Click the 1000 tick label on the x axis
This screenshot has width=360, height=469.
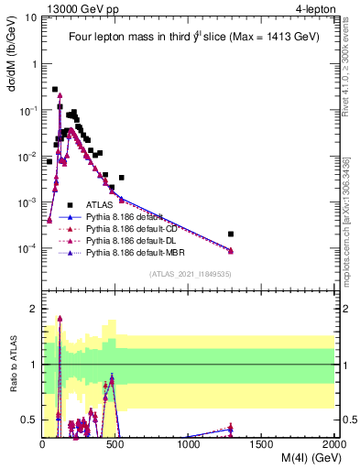click(189, 444)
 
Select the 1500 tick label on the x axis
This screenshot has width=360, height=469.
click(262, 444)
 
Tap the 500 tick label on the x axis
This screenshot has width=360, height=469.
click(116, 444)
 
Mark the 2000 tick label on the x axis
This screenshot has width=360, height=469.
click(334, 444)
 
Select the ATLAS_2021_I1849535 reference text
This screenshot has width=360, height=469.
click(189, 273)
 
